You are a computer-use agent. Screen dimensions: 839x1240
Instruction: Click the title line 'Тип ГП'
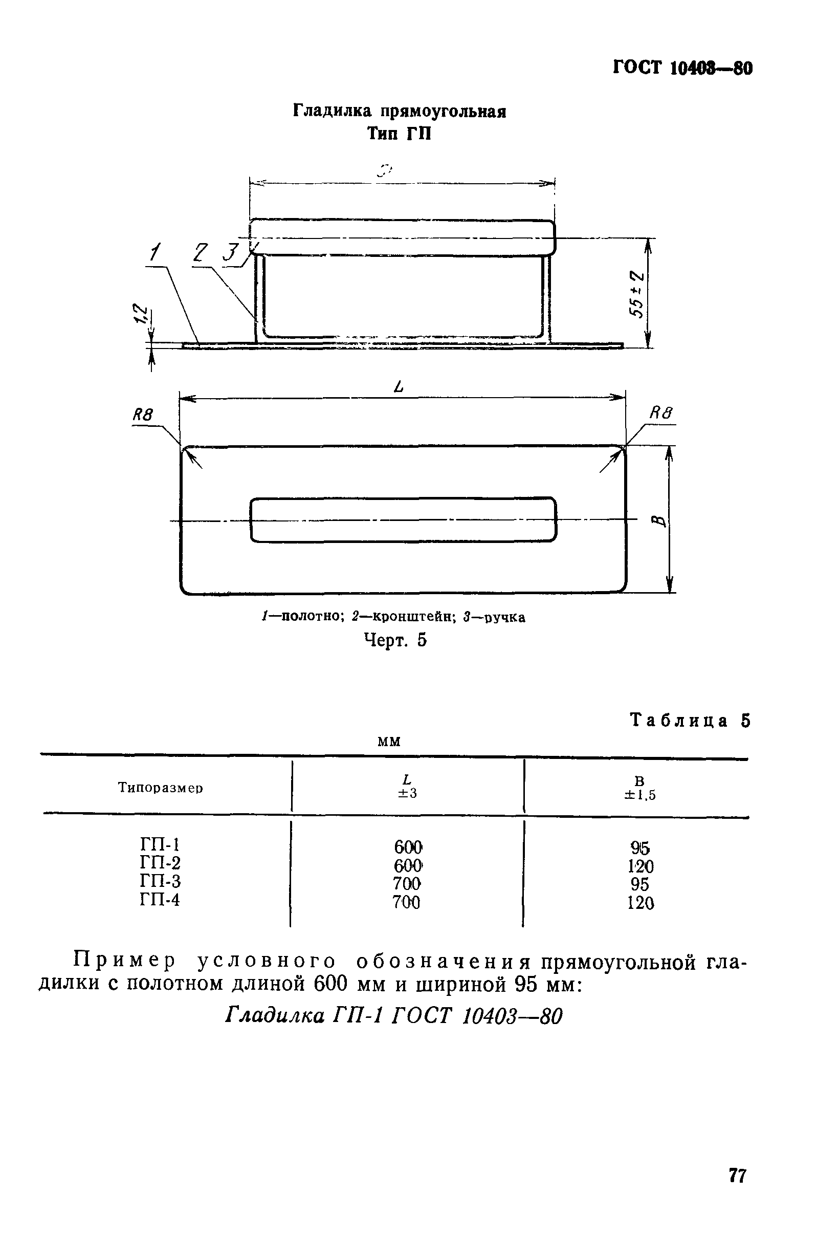pos(399,134)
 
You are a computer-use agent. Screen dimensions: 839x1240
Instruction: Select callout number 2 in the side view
pos(201,252)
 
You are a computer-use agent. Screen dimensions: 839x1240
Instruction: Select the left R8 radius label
pos(142,415)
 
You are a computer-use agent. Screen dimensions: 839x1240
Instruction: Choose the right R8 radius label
pos(661,412)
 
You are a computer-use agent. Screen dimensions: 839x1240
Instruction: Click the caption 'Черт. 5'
pos(395,640)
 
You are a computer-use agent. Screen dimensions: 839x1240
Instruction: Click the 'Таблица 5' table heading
pos(690,721)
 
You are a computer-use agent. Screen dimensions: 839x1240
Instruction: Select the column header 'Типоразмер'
pos(161,788)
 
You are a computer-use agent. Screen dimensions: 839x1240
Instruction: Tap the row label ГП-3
pos(160,881)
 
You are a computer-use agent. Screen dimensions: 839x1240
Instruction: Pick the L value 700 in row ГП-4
pos(406,903)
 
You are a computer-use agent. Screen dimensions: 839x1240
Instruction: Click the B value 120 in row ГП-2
pos(640,866)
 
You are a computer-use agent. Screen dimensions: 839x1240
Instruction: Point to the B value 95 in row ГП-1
pos(639,848)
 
